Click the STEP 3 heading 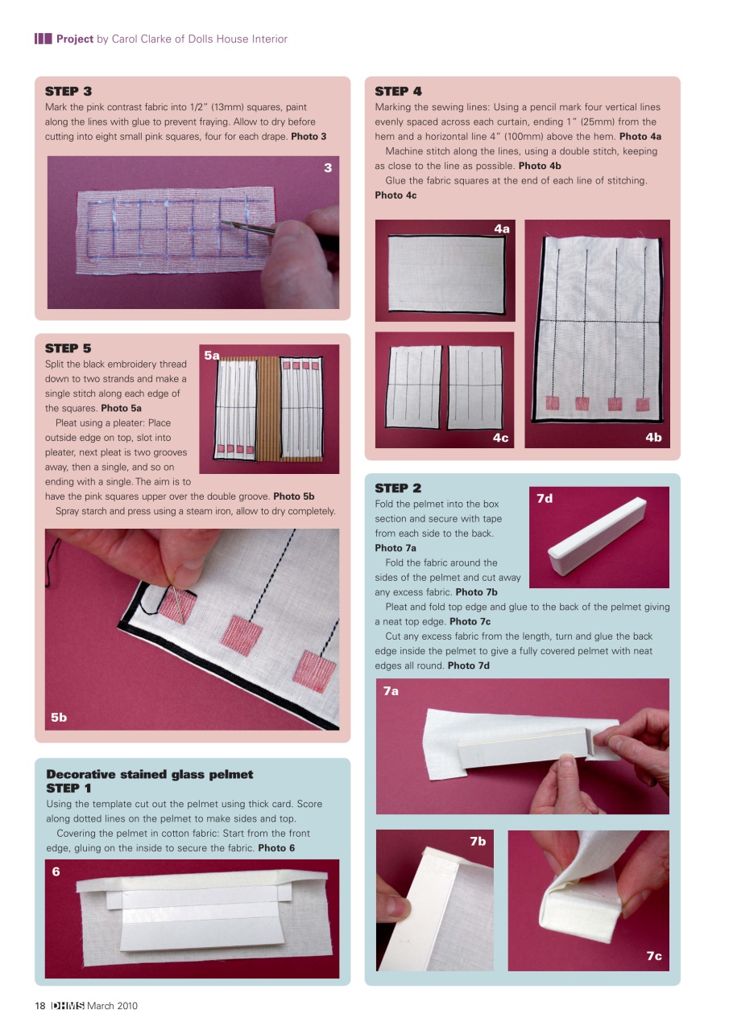(x=68, y=91)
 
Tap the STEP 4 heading (x=398, y=91)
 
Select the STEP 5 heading (x=68, y=348)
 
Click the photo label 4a (x=502, y=229)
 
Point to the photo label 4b (x=653, y=437)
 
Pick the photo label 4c (x=500, y=437)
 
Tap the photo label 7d (x=545, y=499)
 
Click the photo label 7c (x=653, y=955)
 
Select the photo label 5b (x=59, y=718)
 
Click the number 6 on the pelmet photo (x=56, y=871)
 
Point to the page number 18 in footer (x=39, y=1006)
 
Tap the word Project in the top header (x=74, y=39)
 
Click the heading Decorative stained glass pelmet (x=150, y=774)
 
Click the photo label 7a (x=391, y=690)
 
